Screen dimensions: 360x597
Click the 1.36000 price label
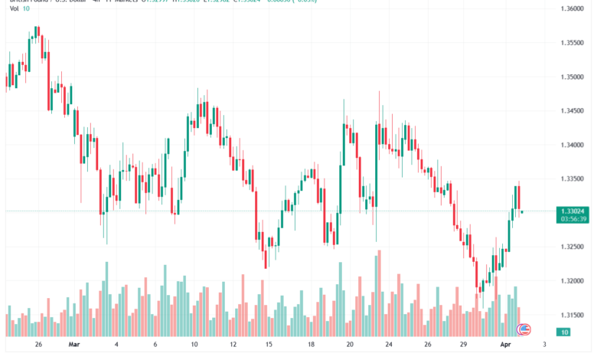tap(572, 9)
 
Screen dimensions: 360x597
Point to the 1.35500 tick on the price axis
tap(572, 43)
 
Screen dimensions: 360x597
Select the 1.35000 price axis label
tap(572, 77)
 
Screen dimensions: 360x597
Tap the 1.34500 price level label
tap(572, 111)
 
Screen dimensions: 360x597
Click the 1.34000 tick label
tap(572, 145)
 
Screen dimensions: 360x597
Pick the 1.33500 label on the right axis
tap(572, 179)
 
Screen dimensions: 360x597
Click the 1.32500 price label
tap(572, 247)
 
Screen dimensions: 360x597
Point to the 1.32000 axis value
tap(572, 281)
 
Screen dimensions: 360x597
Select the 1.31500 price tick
tap(572, 315)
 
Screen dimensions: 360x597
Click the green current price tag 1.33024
tap(573, 211)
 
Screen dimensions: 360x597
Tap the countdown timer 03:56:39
tap(573, 219)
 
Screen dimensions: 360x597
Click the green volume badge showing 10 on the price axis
tap(563, 332)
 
